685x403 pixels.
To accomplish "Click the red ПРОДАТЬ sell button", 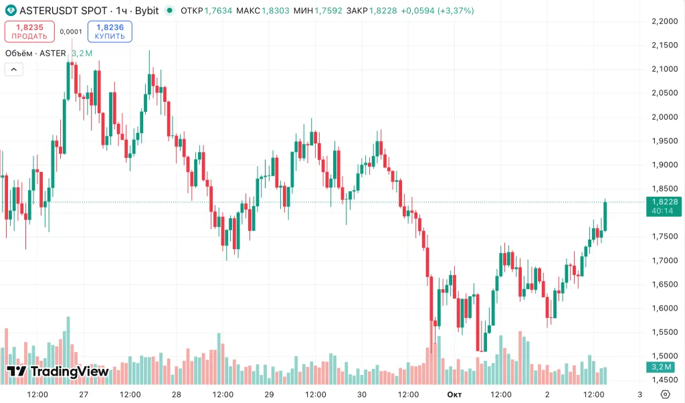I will point(29,31).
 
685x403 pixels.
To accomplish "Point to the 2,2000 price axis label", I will point(664,21).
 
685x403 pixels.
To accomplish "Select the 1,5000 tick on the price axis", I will point(664,356).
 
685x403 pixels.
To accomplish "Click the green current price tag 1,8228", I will point(664,201).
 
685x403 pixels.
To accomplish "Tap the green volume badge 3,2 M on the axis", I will point(664,367).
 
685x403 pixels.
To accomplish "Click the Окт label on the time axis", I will point(455,394).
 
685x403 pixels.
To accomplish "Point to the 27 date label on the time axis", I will point(84,394).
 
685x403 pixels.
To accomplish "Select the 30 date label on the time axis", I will point(362,394).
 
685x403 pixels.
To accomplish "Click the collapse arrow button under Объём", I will point(13,69).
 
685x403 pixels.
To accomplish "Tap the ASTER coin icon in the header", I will point(11,11).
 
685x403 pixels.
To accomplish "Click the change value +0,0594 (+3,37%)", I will point(437,11).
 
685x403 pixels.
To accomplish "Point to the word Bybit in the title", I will point(146,11).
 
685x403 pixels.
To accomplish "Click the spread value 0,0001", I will point(71,31).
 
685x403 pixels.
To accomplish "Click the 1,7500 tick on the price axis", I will point(664,236).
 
